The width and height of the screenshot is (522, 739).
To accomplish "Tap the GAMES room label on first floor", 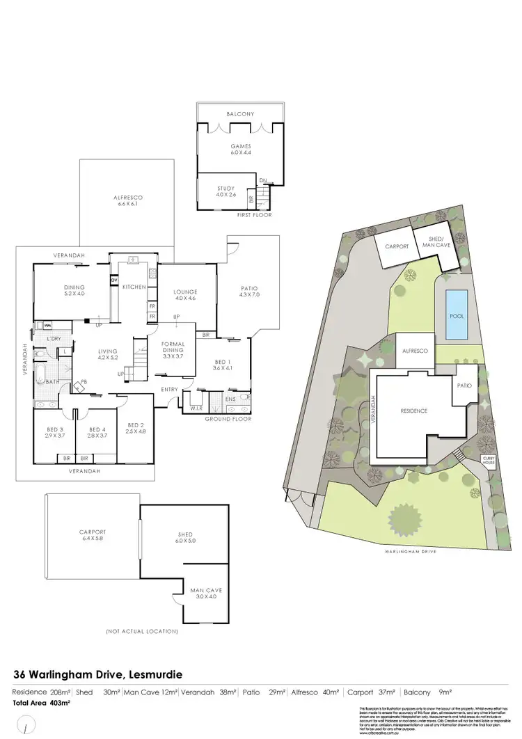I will (240, 150).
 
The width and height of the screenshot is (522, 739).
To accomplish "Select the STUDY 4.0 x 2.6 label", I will (226, 191).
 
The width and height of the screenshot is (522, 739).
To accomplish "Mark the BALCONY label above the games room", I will (239, 114).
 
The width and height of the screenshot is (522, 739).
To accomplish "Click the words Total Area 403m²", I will (42, 703).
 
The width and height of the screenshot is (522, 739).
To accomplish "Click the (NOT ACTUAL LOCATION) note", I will (141, 631).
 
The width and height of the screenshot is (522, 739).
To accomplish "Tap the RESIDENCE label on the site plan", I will (413, 411).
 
